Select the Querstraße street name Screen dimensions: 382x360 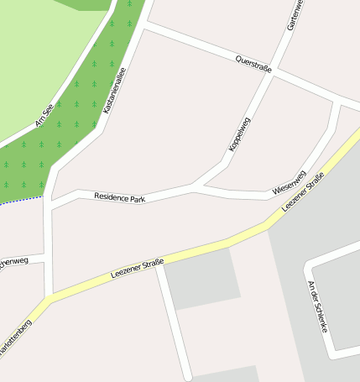tap(253, 65)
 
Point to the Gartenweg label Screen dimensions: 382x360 tap(292, 15)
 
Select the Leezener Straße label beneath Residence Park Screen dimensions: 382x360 tap(137, 269)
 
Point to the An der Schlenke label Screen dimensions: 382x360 tap(316, 306)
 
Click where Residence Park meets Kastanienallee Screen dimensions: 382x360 tap(50, 203)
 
